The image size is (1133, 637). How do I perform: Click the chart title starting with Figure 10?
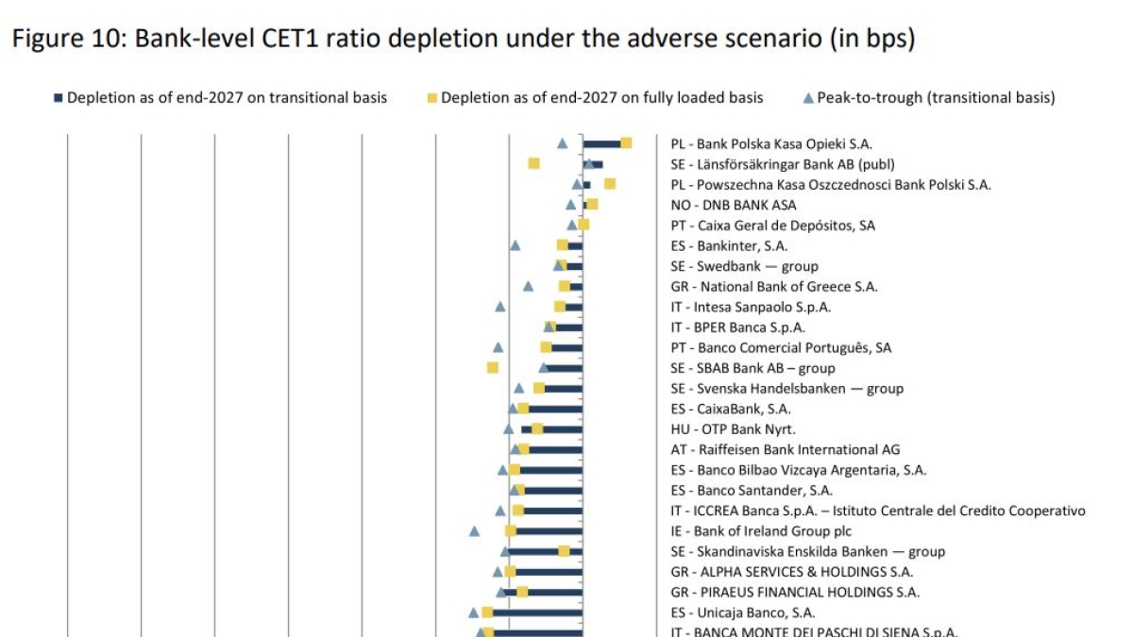[463, 40]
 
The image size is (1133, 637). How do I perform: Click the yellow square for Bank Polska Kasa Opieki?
[626, 142]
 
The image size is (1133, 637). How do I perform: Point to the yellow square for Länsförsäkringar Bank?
[533, 163]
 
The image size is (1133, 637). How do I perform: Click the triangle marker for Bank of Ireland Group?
[475, 531]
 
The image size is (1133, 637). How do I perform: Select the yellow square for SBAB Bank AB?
[492, 367]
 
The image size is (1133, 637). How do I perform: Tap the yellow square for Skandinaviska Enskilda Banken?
[564, 551]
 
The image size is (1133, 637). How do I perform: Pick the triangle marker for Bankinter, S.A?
[516, 245]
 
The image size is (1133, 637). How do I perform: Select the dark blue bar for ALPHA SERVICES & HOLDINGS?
[548, 572]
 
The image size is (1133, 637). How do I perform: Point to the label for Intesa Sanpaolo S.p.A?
[751, 307]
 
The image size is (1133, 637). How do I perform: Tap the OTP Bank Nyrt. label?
[733, 429]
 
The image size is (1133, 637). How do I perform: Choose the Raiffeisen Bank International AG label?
[786, 449]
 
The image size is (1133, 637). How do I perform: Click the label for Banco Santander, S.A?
[752, 491]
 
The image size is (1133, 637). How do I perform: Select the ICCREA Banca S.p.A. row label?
[878, 511]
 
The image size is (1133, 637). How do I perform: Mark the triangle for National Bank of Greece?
[528, 286]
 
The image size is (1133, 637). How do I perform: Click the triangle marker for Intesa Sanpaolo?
[500, 307]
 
